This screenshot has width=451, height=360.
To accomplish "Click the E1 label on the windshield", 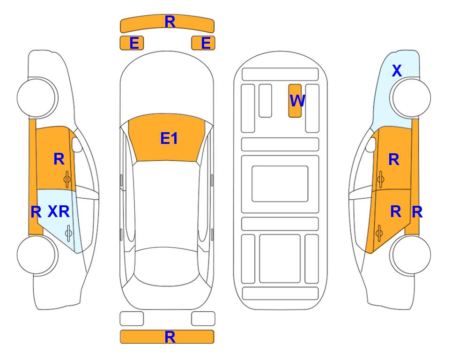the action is click(169, 138).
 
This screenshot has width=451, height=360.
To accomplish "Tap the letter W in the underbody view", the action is click(297, 100).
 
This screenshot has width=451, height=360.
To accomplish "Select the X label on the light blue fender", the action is click(397, 71).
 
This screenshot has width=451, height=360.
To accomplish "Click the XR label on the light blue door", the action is click(59, 212).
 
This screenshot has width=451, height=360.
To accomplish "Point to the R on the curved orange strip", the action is click(170, 22).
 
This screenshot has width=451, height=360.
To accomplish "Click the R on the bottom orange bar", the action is click(170, 337).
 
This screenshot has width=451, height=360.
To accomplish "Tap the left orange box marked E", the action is click(132, 43).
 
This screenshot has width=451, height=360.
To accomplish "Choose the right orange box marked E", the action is click(203, 43).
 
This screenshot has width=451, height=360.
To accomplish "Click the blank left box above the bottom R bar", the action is click(132, 319).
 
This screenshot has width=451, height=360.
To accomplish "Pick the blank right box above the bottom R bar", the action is click(203, 319).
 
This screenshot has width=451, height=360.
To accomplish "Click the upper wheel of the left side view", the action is click(37, 97).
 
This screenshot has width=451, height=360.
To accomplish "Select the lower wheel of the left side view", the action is click(37, 255).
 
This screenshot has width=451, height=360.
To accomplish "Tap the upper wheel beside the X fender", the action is click(410, 97).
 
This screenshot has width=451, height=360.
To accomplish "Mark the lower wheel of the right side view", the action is click(410, 255).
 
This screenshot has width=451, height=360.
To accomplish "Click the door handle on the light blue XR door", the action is click(68, 233).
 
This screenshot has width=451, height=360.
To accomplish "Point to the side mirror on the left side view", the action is click(77, 145).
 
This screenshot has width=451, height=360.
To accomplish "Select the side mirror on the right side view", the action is click(371, 145).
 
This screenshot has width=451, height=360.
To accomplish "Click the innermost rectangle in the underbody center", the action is click(280, 184).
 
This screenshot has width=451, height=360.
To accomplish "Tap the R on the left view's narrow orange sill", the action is click(36, 212).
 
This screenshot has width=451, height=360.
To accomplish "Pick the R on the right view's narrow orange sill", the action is click(417, 212).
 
